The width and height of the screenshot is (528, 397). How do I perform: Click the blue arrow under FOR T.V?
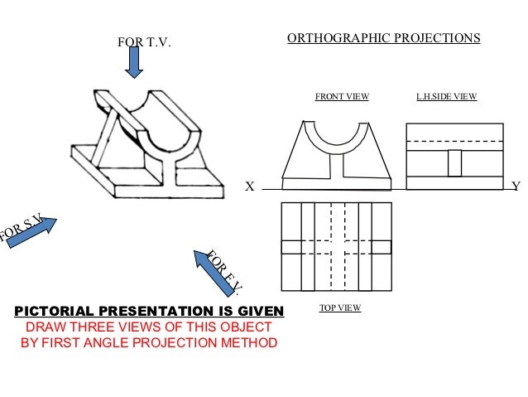[135, 61]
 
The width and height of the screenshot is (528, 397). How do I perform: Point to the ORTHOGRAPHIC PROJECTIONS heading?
[382, 38]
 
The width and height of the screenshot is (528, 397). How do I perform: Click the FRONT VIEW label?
[342, 97]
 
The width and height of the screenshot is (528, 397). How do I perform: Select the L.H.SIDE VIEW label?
[447, 97]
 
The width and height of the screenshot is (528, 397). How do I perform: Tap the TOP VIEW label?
[340, 307]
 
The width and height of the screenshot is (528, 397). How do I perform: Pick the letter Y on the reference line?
[516, 187]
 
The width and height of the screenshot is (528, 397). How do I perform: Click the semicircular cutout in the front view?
[336, 133]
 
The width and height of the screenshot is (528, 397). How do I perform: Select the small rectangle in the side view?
[454, 162]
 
